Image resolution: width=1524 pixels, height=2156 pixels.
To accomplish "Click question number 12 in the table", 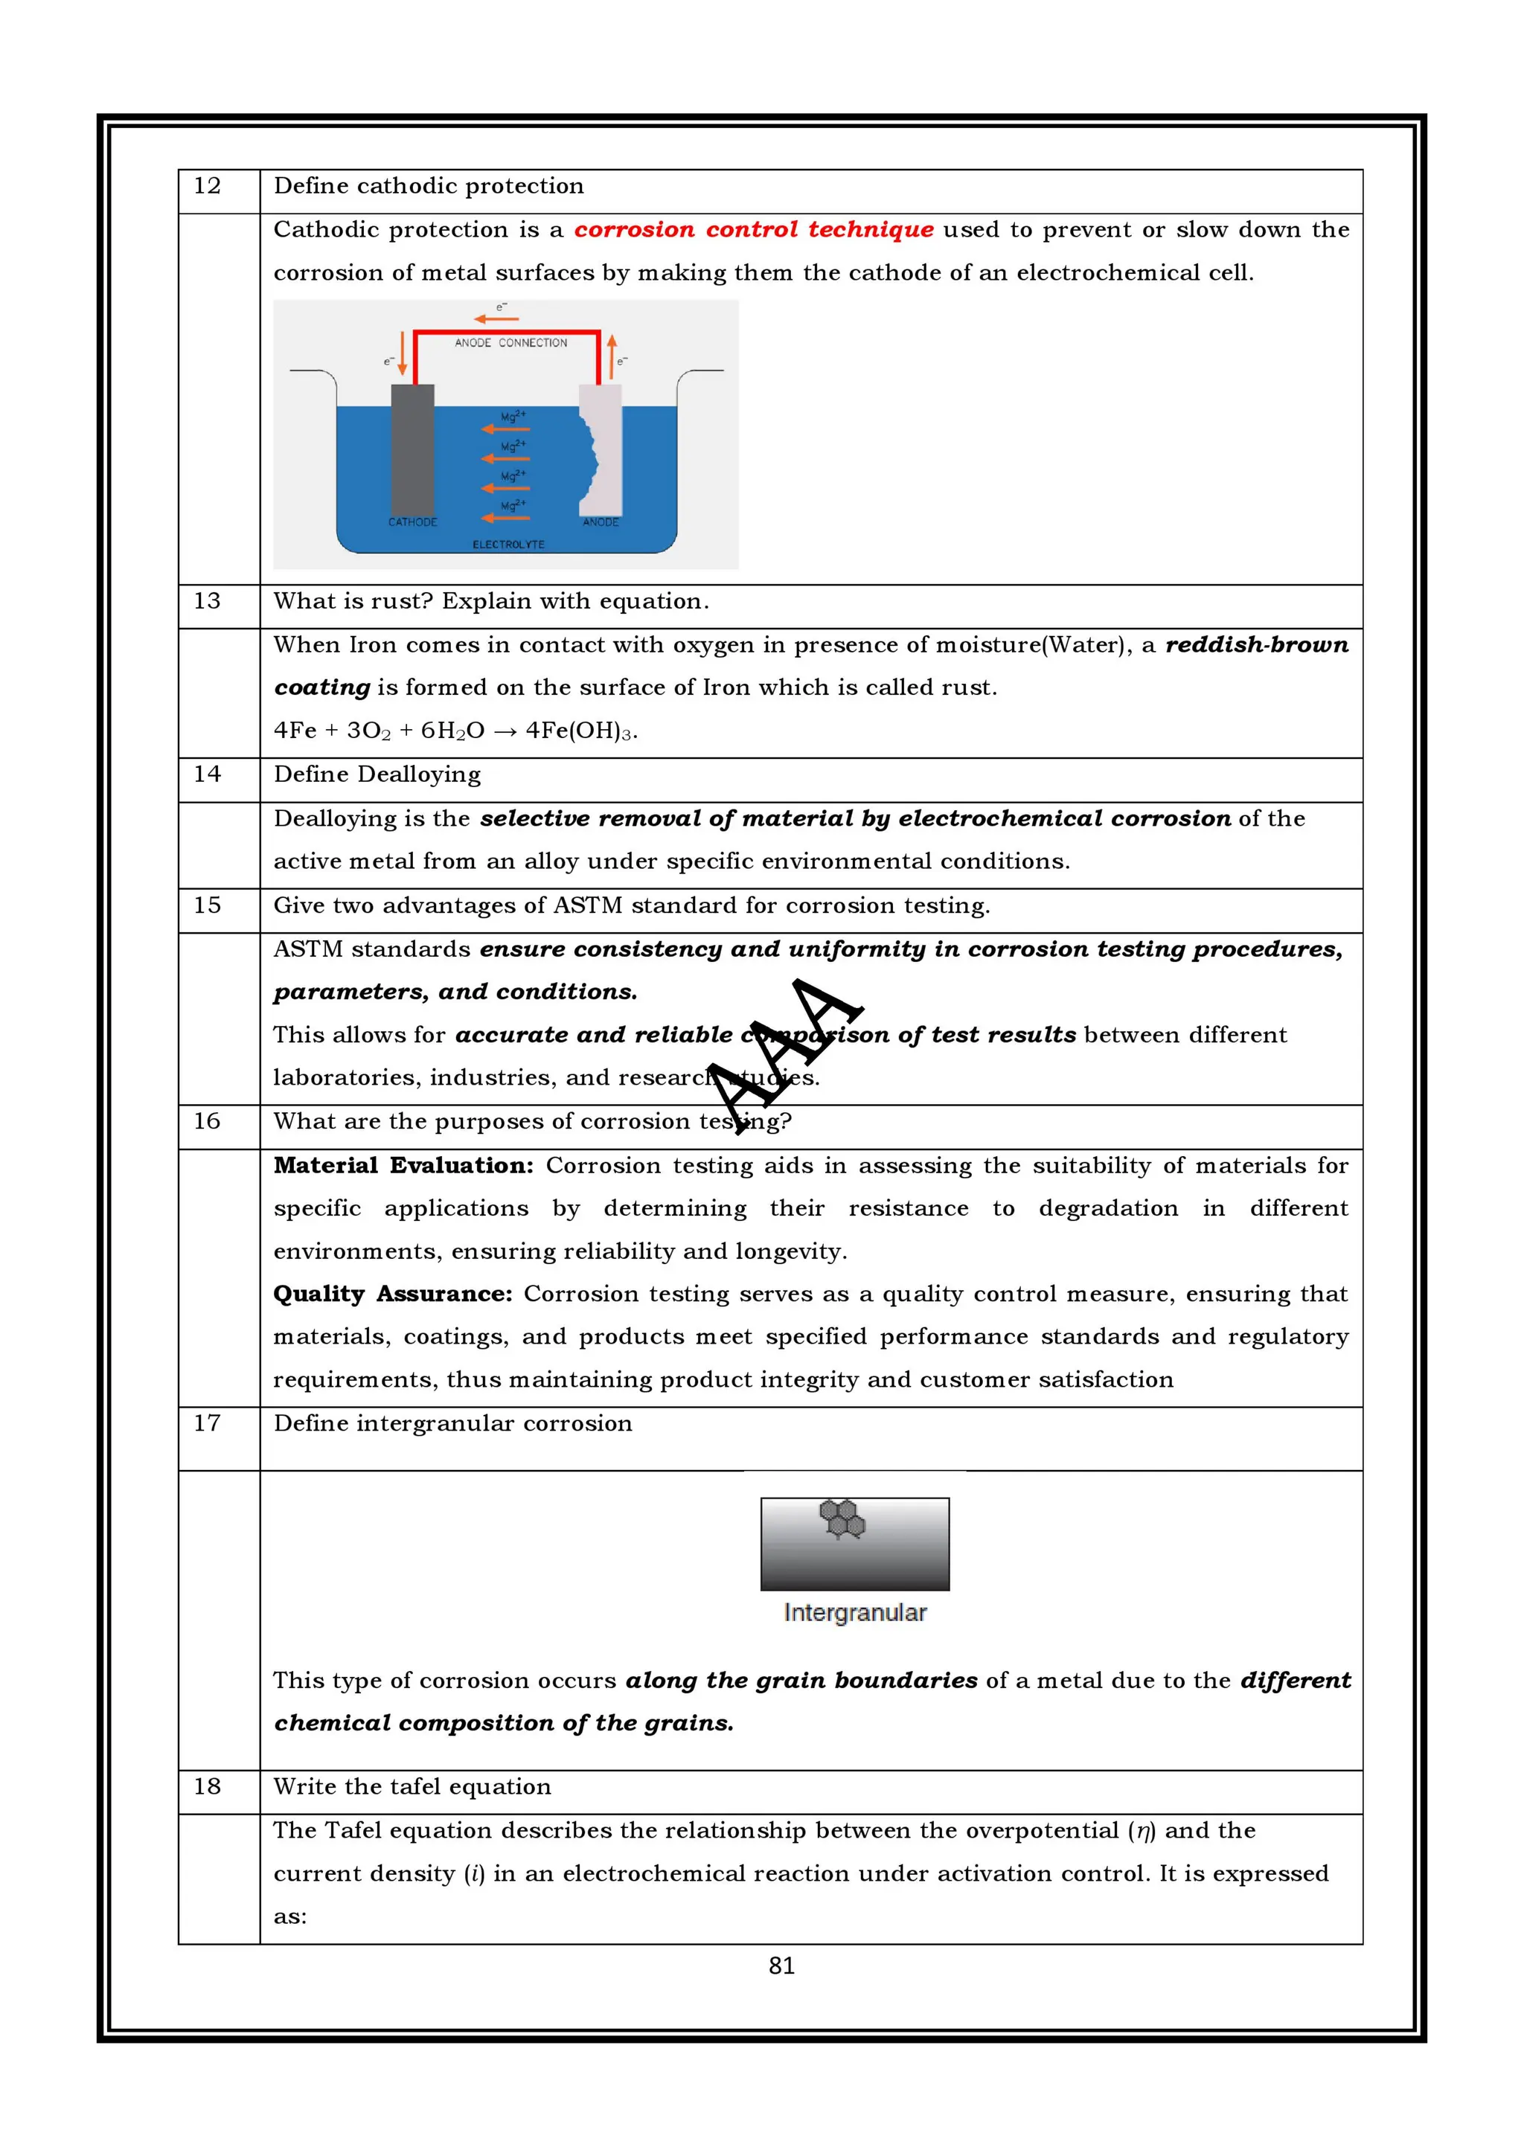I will click(x=207, y=186).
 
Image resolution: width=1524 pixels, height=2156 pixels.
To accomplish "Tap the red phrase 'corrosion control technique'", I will click(x=753, y=230).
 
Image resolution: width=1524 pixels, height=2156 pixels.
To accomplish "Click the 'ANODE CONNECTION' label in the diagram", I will click(x=510, y=343).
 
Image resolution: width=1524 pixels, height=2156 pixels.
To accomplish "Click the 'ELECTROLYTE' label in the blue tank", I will click(x=508, y=545).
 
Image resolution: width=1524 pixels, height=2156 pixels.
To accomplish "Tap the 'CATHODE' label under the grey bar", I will click(x=412, y=522).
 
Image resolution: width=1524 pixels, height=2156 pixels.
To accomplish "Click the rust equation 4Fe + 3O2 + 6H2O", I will click(x=455, y=731).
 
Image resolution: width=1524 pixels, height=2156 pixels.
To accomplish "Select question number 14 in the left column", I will click(x=207, y=774).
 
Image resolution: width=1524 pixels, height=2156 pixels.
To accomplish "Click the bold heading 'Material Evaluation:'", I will click(x=403, y=1165).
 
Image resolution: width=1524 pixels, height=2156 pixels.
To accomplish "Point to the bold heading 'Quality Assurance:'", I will click(x=392, y=1294).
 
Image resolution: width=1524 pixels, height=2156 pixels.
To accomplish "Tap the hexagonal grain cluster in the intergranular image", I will click(x=842, y=1518).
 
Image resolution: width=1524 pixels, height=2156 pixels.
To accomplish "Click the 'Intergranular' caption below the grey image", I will click(x=854, y=1613).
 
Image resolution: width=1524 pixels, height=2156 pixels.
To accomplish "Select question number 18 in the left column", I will click(x=207, y=1787).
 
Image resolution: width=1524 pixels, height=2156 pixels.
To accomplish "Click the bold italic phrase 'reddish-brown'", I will click(x=1255, y=645).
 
